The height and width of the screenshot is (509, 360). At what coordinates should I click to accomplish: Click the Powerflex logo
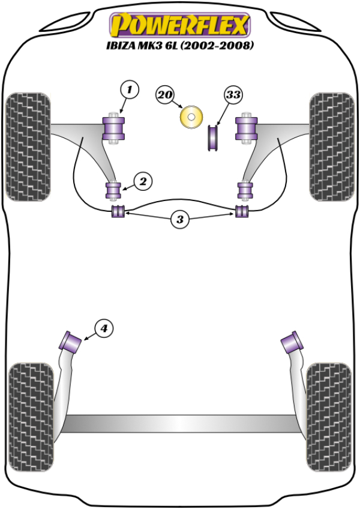coord(178,26)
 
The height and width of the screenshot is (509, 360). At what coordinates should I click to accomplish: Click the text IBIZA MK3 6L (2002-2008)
coord(178,46)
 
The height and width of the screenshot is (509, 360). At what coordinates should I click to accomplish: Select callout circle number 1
coord(129,91)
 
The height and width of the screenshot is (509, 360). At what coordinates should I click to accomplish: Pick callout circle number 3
coord(179,220)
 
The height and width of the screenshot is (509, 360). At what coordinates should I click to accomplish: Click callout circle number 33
coord(233,95)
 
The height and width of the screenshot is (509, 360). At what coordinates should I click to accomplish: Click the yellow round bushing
coord(191,116)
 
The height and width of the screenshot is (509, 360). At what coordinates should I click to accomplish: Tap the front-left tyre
coord(28,146)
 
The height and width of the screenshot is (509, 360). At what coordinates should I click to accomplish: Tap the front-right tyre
coord(331,146)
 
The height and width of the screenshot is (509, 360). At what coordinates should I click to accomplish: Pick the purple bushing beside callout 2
coord(113,190)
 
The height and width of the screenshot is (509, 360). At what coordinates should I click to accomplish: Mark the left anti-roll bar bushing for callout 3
coord(118,212)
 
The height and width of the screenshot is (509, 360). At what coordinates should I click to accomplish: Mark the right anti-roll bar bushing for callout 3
coord(242,212)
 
